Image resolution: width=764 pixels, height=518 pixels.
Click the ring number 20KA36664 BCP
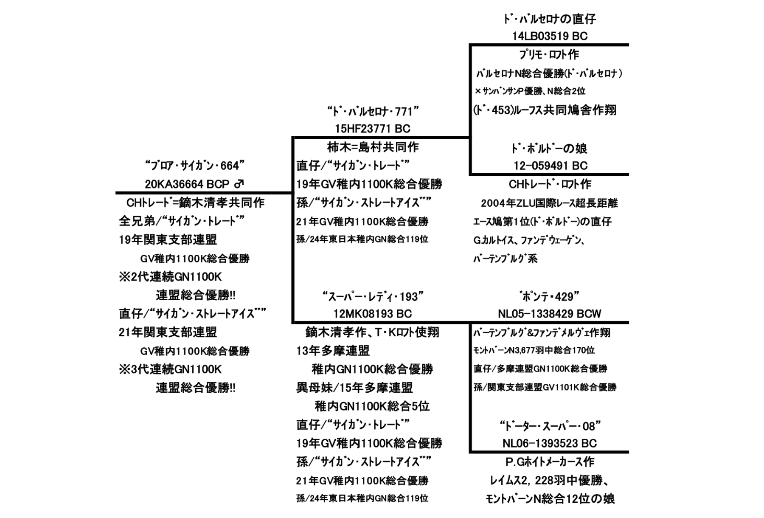pyautogui.click(x=187, y=184)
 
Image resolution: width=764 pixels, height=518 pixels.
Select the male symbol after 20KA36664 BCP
pyautogui.click(x=239, y=184)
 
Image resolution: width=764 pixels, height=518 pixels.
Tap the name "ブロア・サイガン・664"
pyautogui.click(x=195, y=166)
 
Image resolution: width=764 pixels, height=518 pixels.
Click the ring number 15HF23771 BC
pyautogui.click(x=373, y=129)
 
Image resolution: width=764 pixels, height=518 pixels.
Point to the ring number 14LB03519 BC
pyautogui.click(x=550, y=36)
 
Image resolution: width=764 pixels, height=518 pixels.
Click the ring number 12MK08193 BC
pyautogui.click(x=373, y=314)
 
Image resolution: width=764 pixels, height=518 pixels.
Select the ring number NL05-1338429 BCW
pyautogui.click(x=550, y=314)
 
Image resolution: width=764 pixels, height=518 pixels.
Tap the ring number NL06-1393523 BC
pyautogui.click(x=550, y=443)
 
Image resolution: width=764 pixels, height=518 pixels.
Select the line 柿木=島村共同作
pyautogui.click(x=373, y=147)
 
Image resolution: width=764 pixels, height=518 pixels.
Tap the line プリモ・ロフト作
pyautogui.click(x=549, y=55)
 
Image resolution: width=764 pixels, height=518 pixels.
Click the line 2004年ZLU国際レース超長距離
pyautogui.click(x=549, y=203)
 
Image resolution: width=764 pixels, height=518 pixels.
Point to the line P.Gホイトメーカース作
pyautogui.click(x=550, y=462)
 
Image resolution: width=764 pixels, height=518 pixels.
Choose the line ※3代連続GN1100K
pyautogui.click(x=170, y=369)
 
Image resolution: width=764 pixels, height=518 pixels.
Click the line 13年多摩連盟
pyautogui.click(x=333, y=351)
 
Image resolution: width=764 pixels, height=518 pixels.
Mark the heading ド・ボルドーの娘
pyautogui.click(x=549, y=148)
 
